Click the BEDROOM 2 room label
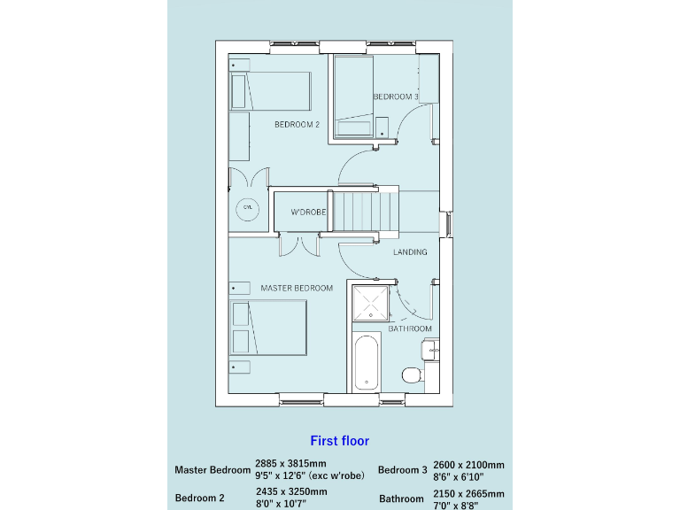(297, 125)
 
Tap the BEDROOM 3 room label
(395, 97)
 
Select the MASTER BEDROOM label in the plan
(297, 289)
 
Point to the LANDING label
(410, 252)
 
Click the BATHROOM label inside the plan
(410, 329)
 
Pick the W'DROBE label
(309, 212)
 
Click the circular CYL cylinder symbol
(247, 209)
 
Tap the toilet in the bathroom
(413, 375)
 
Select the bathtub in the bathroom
(367, 363)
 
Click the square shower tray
(370, 305)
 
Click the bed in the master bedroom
(269, 328)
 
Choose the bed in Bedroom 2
(271, 91)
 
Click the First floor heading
(339, 440)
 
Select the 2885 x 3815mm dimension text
(290, 463)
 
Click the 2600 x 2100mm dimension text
(468, 465)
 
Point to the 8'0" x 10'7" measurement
(282, 504)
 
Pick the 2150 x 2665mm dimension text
(468, 494)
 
